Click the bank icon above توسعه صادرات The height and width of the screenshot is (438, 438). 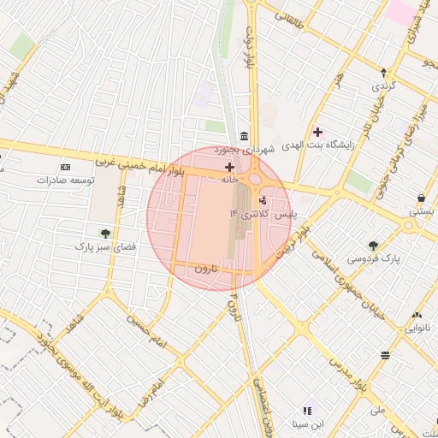[x=66, y=167]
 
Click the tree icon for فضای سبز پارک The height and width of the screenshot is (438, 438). [x=105, y=233]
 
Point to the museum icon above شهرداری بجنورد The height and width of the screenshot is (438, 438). [x=245, y=137]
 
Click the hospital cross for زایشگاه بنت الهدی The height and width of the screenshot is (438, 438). [x=318, y=132]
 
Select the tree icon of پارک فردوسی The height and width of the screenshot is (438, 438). [x=373, y=245]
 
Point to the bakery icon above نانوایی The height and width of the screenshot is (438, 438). [x=417, y=315]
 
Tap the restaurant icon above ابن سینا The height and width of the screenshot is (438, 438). [x=307, y=411]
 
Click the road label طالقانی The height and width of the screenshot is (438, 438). [x=287, y=15]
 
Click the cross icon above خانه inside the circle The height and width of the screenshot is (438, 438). [x=228, y=167]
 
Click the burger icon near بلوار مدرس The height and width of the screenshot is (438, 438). [x=386, y=354]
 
